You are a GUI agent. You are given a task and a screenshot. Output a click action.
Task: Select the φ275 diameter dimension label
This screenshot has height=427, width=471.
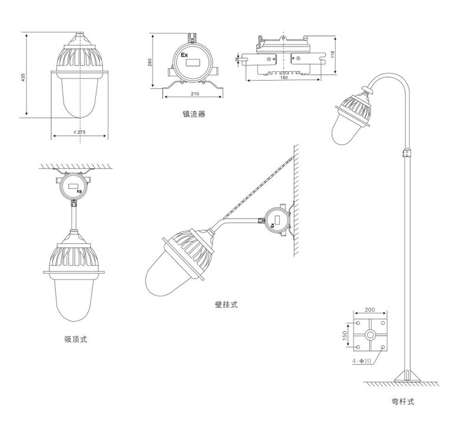(77, 133)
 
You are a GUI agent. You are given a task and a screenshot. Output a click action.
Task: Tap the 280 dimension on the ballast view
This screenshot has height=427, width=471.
(151, 63)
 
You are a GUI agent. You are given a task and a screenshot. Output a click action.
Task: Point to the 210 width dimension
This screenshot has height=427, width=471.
(194, 94)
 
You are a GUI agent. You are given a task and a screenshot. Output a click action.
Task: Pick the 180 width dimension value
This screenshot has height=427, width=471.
(284, 78)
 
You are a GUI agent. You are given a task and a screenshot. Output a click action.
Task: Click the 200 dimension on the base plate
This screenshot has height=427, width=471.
(369, 309)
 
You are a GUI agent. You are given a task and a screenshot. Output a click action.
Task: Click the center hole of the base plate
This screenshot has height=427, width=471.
(370, 336)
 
